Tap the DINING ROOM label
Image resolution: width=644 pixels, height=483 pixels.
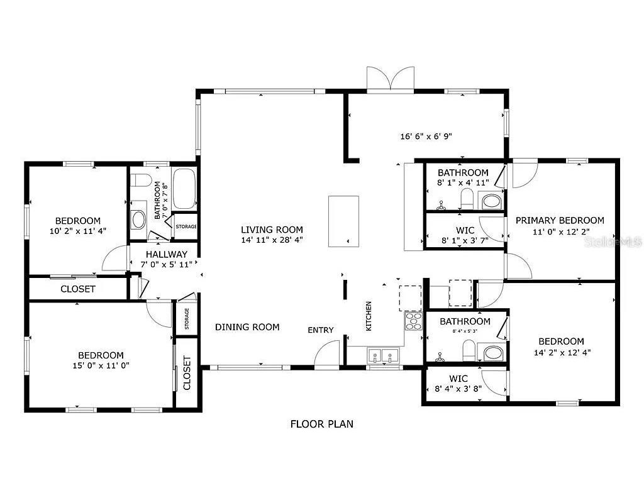click(x=247, y=327)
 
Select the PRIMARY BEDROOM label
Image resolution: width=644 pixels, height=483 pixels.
click(x=560, y=220)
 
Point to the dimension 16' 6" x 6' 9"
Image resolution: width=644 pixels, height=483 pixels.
click(x=426, y=136)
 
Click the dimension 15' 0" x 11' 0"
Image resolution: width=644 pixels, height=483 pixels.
click(x=101, y=365)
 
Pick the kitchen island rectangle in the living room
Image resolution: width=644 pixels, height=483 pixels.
click(x=343, y=221)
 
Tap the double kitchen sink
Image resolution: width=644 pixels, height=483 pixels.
click(x=383, y=357)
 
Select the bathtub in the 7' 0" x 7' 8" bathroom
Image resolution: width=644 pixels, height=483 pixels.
click(x=184, y=189)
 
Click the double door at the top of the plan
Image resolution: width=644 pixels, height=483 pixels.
click(x=391, y=79)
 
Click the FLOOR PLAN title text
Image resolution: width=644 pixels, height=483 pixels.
click(x=321, y=424)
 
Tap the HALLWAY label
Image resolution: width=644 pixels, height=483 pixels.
click(x=166, y=254)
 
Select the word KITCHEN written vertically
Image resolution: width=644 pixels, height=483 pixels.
click(x=369, y=316)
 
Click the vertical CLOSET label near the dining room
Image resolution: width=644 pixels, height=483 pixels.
click(x=187, y=372)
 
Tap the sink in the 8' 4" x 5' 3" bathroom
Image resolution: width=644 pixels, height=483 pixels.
click(x=492, y=351)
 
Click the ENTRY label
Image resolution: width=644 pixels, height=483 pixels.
click(x=320, y=330)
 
